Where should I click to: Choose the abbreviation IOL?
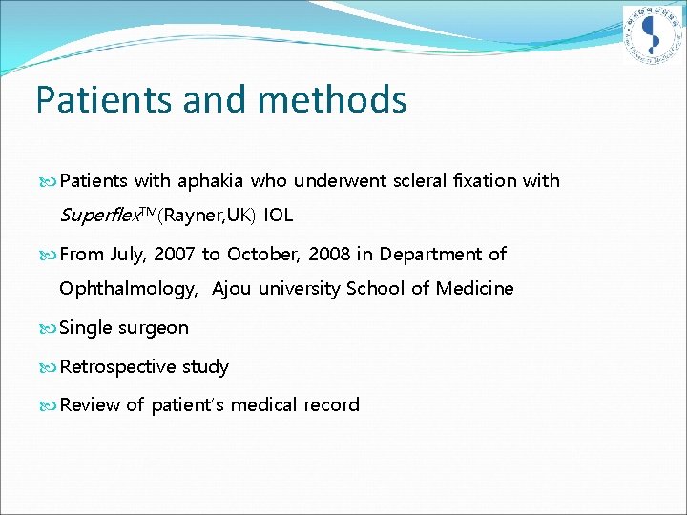click(x=279, y=216)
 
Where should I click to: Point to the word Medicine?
click(x=474, y=289)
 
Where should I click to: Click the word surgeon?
click(x=153, y=329)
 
